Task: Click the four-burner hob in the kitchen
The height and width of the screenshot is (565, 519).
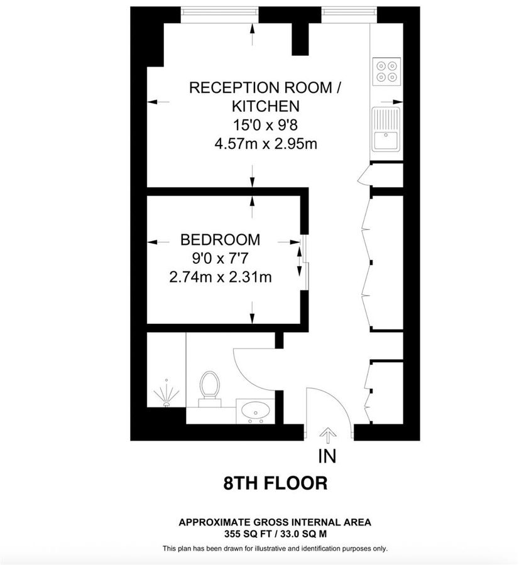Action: click(386, 71)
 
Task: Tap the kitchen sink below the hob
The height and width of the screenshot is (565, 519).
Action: click(386, 128)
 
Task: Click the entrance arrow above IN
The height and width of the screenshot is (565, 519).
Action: click(327, 434)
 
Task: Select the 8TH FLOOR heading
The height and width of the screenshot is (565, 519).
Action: click(276, 483)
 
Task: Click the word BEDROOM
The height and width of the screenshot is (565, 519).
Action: click(220, 239)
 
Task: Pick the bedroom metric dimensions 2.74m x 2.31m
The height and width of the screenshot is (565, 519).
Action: click(220, 276)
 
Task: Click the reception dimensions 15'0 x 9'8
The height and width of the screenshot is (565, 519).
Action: click(265, 124)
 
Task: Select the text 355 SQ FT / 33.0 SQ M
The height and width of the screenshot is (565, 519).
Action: click(275, 534)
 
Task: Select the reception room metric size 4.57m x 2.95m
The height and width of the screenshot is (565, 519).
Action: click(265, 143)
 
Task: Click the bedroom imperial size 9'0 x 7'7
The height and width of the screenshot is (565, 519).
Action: click(220, 258)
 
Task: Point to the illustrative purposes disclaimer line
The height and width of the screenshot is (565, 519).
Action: click(275, 548)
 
